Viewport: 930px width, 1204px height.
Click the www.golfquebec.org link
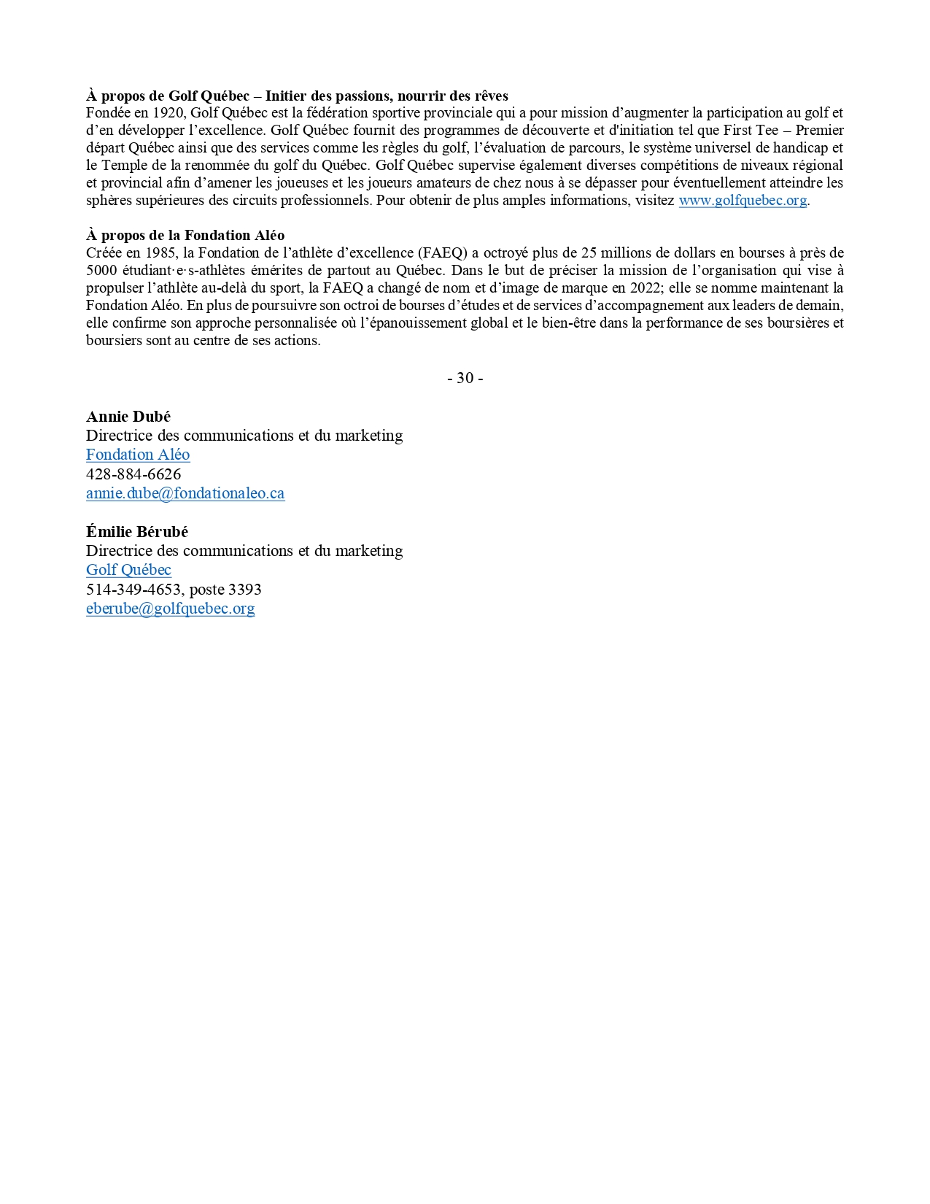[x=742, y=201]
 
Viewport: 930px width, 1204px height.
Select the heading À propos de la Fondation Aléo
[x=185, y=236]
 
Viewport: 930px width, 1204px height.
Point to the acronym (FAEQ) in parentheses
[x=443, y=253]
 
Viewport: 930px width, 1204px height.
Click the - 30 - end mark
[x=465, y=378]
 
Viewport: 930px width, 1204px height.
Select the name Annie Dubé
[x=128, y=417]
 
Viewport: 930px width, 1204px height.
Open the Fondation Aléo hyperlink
[x=138, y=455]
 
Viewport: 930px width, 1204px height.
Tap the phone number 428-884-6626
[x=133, y=474]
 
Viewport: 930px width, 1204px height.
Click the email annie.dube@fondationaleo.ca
[x=185, y=493]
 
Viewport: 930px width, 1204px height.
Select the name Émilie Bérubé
[x=137, y=532]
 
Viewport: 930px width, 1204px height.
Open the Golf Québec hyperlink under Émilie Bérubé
[x=128, y=570]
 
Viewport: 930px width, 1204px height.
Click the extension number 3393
[x=244, y=590]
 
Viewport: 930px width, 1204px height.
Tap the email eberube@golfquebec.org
[x=170, y=609]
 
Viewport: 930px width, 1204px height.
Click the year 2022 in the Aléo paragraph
[x=645, y=288]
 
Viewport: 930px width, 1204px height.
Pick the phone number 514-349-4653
[x=133, y=590]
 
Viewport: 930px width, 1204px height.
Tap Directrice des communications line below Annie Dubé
[x=244, y=436]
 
